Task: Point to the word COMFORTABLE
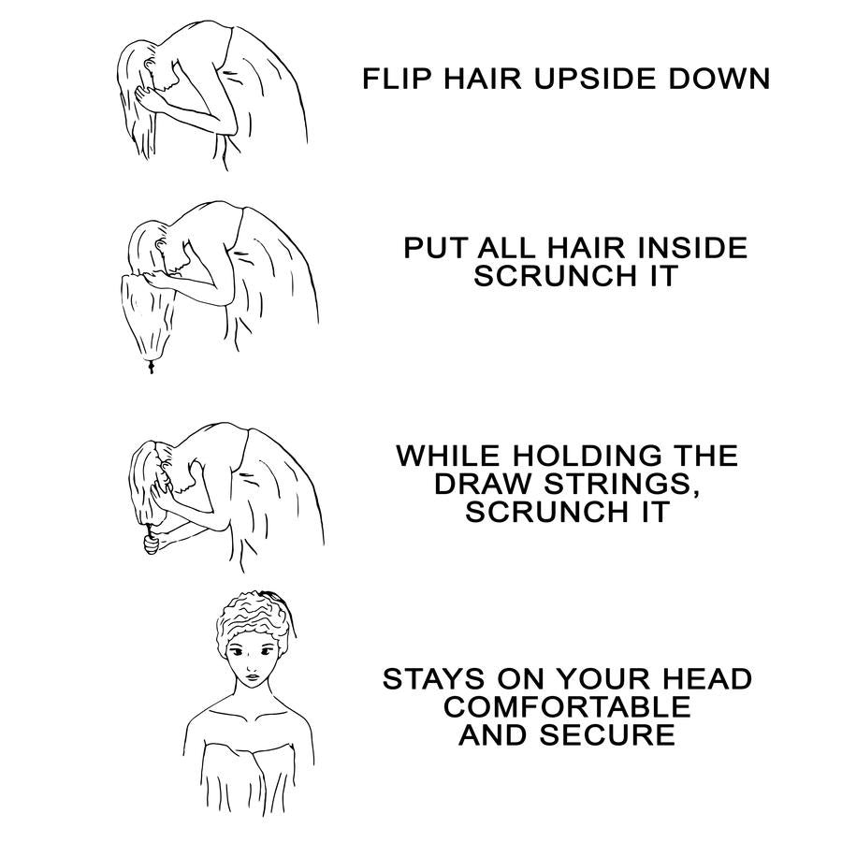coord(567,706)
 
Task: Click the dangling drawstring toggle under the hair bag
coord(151,369)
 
